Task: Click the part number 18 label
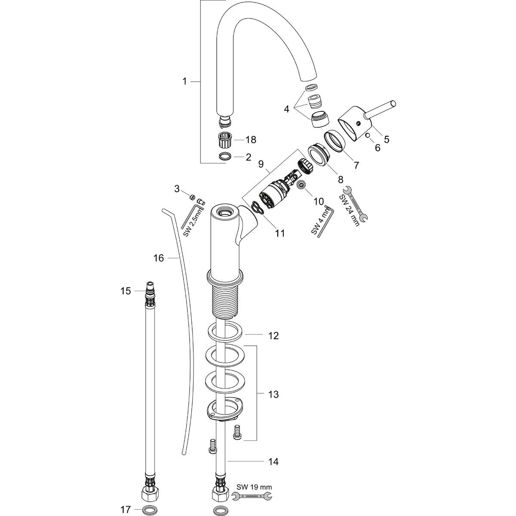coord(251,139)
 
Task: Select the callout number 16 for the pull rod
coord(159,258)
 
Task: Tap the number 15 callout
coord(125,291)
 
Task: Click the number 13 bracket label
coord(273,394)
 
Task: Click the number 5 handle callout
coord(387,139)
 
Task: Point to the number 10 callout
coord(318,201)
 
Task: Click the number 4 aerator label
coord(286,109)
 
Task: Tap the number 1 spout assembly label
coord(184,81)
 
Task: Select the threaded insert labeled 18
coord(224,139)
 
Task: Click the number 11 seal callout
coord(280,233)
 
